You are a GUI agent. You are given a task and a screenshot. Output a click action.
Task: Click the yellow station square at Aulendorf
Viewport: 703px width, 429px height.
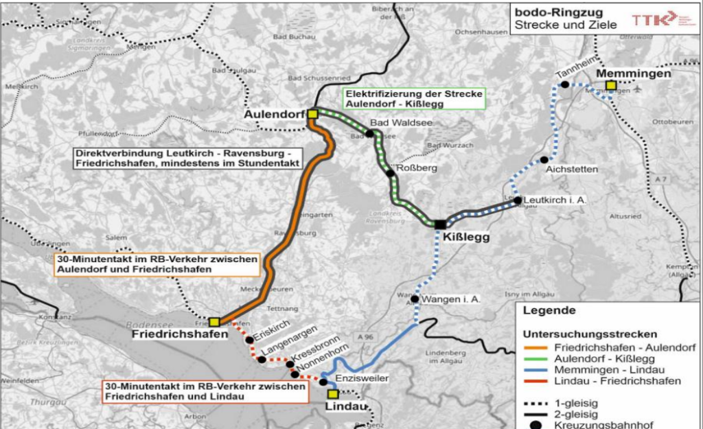pyautogui.click(x=313, y=114)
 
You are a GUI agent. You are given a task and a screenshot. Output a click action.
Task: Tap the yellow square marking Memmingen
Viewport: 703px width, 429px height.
pyautogui.click(x=610, y=86)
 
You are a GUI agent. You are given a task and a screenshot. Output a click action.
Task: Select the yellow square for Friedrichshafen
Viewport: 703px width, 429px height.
pyautogui.click(x=214, y=322)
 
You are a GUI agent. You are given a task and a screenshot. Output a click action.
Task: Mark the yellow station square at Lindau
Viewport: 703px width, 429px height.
pyautogui.click(x=333, y=394)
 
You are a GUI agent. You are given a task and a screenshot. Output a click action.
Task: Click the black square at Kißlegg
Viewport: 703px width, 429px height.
pyautogui.click(x=439, y=224)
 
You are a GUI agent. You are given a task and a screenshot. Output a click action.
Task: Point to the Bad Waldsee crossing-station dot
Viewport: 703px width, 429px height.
pyautogui.click(x=369, y=134)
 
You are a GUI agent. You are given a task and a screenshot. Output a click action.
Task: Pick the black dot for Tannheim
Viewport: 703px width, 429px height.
pyautogui.click(x=564, y=84)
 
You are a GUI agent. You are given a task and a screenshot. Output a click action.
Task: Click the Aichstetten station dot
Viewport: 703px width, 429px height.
pyautogui.click(x=544, y=160)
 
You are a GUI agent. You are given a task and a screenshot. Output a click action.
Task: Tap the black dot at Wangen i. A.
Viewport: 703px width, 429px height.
pyautogui.click(x=415, y=299)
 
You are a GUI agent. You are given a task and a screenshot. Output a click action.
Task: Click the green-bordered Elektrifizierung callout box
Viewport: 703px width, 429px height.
pyautogui.click(x=415, y=98)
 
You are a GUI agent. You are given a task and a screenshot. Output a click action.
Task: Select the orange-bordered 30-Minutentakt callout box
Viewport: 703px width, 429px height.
pyautogui.click(x=155, y=264)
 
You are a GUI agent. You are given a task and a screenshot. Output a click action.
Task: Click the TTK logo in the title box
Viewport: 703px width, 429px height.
pyautogui.click(x=647, y=19)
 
